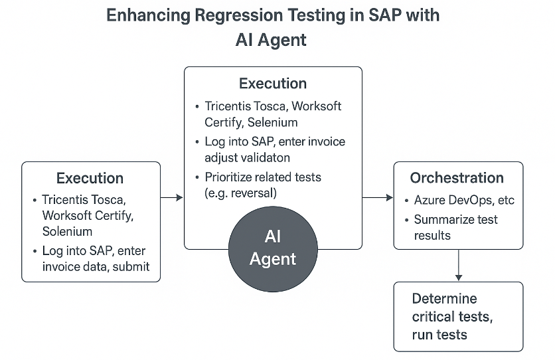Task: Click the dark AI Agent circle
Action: pos(273,248)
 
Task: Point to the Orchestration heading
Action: pos(457,178)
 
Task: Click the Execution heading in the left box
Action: pos(90,178)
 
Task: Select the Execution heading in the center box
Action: pos(273,84)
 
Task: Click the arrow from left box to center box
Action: pos(172,197)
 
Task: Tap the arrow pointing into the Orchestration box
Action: pos(378,197)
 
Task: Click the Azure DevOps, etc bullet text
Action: pos(464,200)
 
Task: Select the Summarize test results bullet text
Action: pos(455,227)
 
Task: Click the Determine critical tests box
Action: pos(458,317)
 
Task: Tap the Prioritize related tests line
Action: pos(263,177)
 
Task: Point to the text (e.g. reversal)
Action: pos(240,193)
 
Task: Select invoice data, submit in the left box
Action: pos(96,266)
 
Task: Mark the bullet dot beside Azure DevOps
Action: pos(406,201)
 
